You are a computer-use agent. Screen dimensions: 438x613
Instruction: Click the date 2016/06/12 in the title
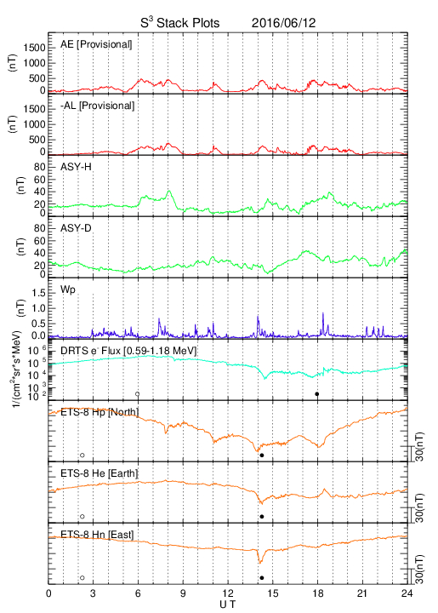click(283, 23)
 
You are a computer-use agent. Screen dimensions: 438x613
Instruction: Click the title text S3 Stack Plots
click(180, 22)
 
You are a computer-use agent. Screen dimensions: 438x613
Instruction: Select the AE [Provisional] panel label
click(96, 44)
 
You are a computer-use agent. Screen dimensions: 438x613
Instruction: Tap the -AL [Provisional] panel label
click(97, 106)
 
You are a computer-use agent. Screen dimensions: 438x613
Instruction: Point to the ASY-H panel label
click(76, 167)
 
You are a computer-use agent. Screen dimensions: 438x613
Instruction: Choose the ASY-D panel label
click(76, 228)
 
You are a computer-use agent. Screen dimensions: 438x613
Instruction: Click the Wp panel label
click(68, 290)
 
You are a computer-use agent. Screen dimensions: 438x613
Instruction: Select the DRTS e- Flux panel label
click(128, 351)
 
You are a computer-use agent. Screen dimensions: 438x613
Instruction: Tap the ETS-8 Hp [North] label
click(100, 412)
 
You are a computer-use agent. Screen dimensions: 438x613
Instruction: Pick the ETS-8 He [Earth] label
click(100, 473)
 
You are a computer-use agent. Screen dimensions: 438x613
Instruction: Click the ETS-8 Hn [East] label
click(97, 535)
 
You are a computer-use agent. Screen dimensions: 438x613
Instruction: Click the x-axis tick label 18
click(318, 593)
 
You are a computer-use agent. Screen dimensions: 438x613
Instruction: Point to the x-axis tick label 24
click(407, 593)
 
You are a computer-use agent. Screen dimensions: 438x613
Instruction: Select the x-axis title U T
click(228, 604)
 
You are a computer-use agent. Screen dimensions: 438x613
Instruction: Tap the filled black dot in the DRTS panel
click(317, 394)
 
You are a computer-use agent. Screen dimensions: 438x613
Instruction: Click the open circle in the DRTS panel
click(138, 394)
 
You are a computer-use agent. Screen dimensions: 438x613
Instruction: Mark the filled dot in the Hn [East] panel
click(262, 578)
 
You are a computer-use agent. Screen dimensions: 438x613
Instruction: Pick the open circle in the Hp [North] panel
click(82, 455)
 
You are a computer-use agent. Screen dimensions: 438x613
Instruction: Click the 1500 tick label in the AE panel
click(35, 48)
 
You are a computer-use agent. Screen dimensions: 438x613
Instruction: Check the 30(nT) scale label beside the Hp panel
click(419, 446)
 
